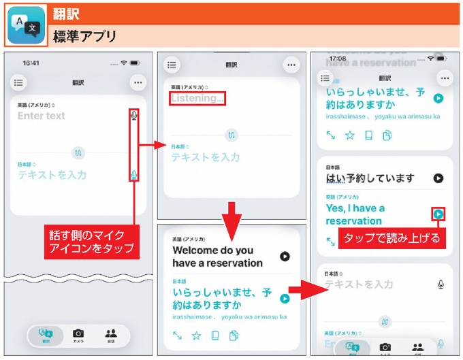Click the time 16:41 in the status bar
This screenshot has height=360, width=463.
pyautogui.click(x=31, y=63)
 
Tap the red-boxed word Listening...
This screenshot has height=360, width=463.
pyautogui.click(x=197, y=99)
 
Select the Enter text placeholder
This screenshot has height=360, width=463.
pyautogui.click(x=42, y=116)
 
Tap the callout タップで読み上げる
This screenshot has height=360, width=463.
pyautogui.click(x=392, y=238)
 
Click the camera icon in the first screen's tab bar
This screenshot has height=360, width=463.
pyautogui.click(x=78, y=333)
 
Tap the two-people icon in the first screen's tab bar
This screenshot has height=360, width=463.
pyautogui.click(x=110, y=333)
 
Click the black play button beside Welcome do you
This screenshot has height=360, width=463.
pyautogui.click(x=285, y=257)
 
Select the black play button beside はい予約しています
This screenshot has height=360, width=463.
pyautogui.click(x=438, y=178)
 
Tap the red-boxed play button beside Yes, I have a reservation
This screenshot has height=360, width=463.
pyautogui.click(x=438, y=214)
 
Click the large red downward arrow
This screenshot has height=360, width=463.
pyautogui.click(x=232, y=215)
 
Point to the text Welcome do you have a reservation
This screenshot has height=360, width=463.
pyautogui.click(x=217, y=256)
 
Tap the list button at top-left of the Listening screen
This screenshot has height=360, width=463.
pyautogui.click(x=172, y=65)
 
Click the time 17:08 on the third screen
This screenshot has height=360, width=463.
pyautogui.click(x=338, y=59)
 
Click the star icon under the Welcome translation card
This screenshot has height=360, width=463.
pyautogui.click(x=196, y=335)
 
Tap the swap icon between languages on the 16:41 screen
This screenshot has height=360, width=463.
pyautogui.click(x=78, y=152)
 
